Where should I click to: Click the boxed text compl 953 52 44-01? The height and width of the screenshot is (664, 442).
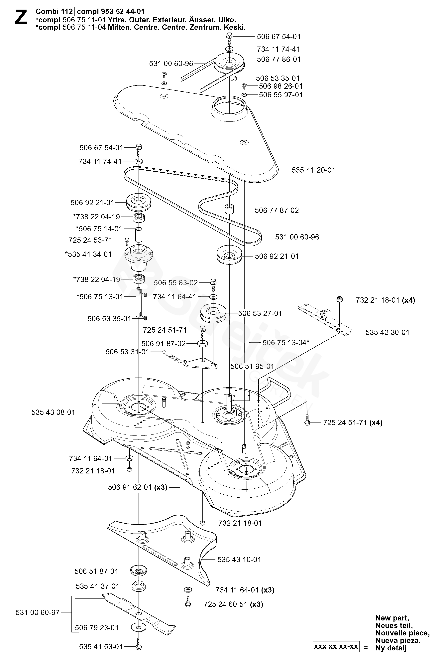pos(111,12)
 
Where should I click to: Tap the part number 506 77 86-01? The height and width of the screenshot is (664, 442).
pos(278,60)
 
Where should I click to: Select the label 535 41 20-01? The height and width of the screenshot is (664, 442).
pos(313,170)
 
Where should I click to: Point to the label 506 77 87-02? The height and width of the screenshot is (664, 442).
pos(276,210)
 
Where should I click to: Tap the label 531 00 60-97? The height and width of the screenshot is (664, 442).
pos(38,612)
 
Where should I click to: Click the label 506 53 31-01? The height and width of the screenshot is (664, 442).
pos(127,352)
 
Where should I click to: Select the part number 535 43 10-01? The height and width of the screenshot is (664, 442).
pos(239,559)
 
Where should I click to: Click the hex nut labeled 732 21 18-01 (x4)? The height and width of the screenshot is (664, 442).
pos(339,299)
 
